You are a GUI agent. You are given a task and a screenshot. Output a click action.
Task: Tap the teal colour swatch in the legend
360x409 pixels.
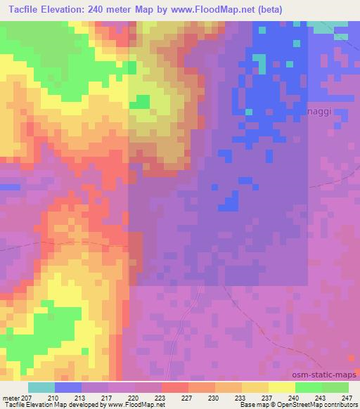click(41, 388)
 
